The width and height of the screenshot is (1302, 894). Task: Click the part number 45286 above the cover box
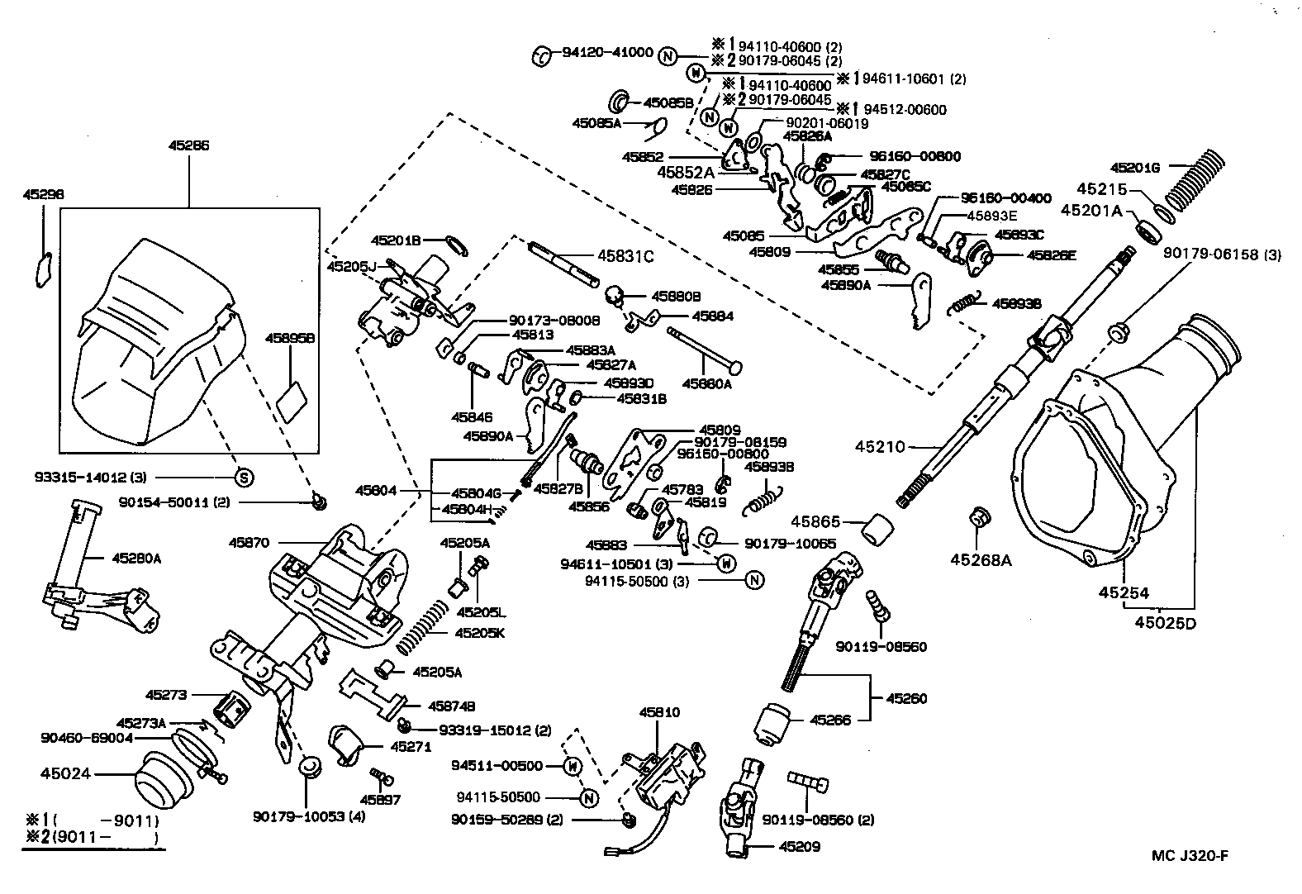pyautogui.click(x=188, y=145)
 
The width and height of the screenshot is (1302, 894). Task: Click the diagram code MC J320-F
pyautogui.click(x=1190, y=855)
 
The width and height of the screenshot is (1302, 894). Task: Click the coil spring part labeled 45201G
pyautogui.click(x=1187, y=180)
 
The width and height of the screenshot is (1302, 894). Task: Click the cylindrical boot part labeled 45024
pyautogui.click(x=162, y=782)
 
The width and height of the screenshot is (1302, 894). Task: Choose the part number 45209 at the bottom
pyautogui.click(x=799, y=846)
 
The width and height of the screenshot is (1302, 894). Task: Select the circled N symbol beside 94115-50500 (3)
pyautogui.click(x=753, y=580)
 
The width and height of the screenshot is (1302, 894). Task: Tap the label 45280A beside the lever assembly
pyautogui.click(x=136, y=558)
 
